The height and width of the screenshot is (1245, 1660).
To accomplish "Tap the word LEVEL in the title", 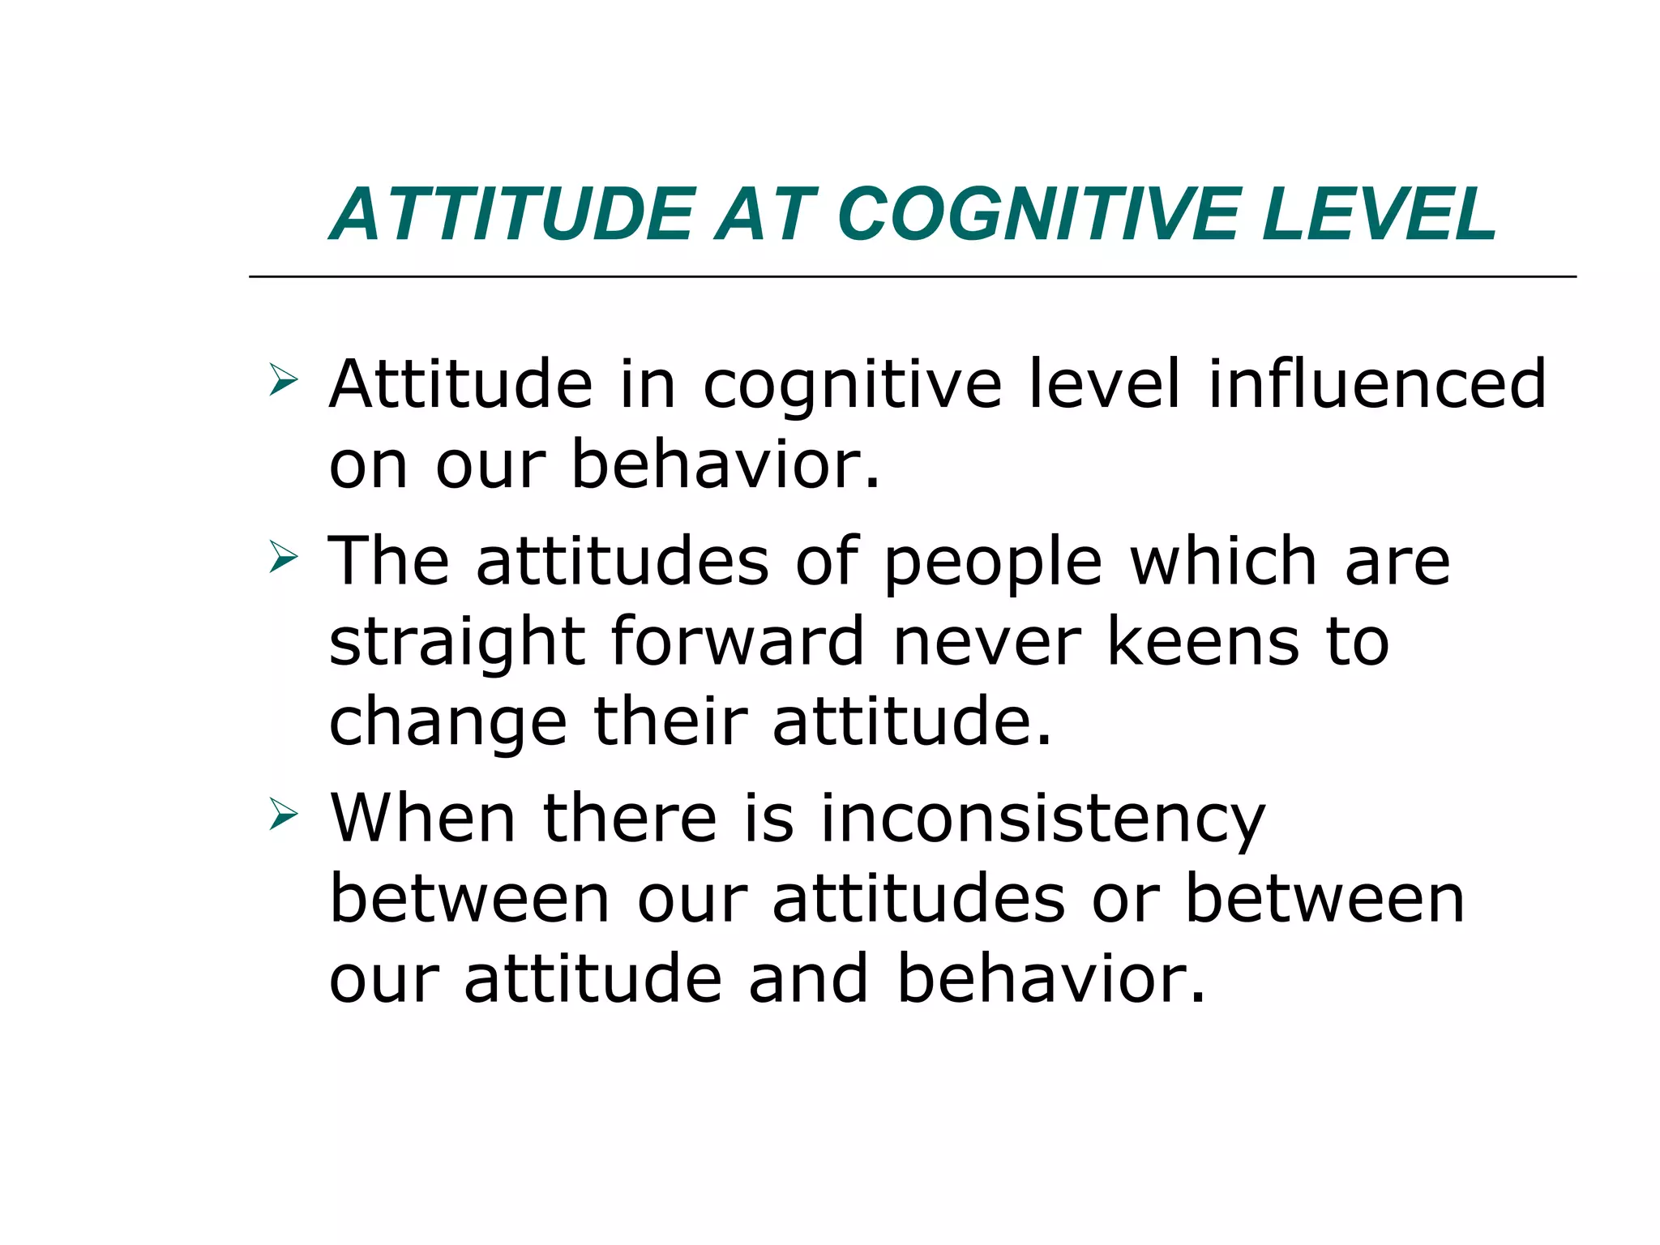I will point(1379,215).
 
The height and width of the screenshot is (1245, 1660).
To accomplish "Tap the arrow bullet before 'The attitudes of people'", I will point(283,557).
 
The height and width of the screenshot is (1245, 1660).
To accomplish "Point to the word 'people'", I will point(993,563).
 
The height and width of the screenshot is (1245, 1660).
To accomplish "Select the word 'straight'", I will point(457,643).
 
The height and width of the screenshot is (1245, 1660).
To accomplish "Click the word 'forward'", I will point(738,641).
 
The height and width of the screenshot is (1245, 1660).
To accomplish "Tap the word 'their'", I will point(670,721).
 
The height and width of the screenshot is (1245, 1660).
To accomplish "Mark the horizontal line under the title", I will point(912,277).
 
